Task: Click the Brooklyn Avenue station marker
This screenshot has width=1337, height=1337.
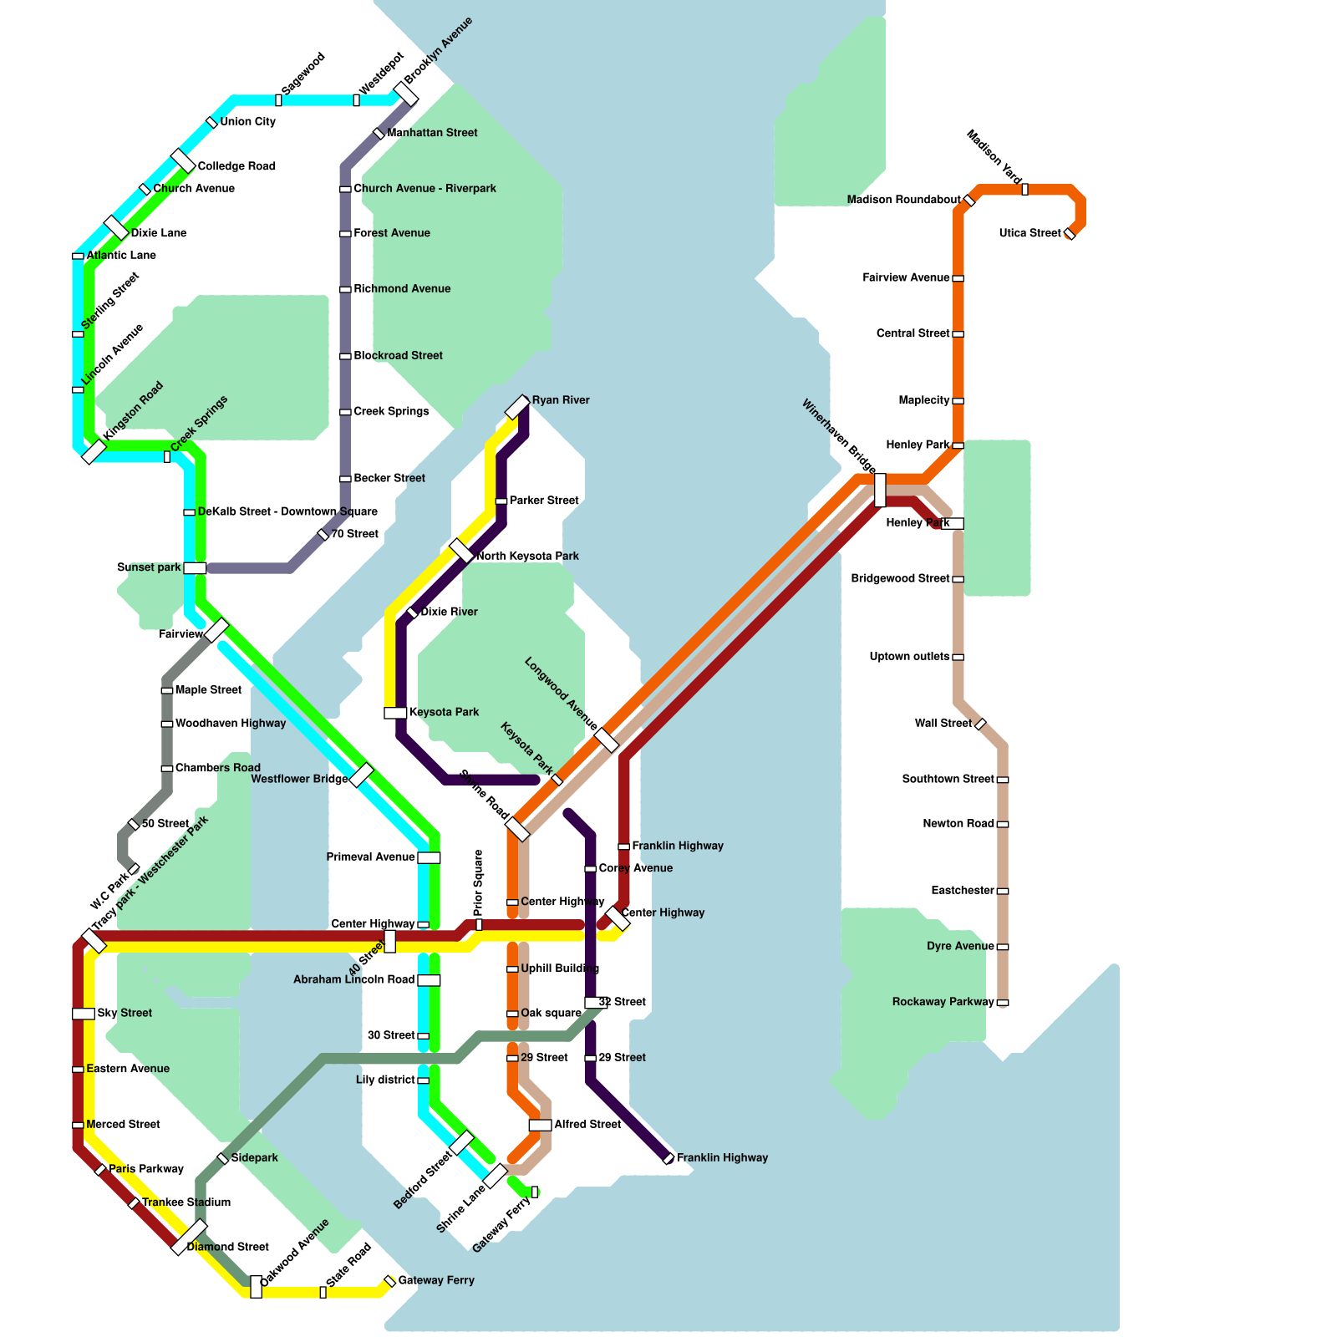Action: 406,94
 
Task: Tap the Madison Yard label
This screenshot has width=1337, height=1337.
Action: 994,157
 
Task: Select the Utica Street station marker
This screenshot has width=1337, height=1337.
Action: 1070,234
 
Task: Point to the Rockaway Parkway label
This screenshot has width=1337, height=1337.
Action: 943,1002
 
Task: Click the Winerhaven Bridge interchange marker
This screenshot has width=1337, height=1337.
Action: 880,490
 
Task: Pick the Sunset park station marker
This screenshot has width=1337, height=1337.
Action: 195,568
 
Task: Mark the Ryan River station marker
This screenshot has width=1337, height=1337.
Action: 518,407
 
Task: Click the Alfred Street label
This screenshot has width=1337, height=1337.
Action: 587,1125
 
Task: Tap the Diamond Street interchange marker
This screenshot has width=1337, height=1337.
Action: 189,1237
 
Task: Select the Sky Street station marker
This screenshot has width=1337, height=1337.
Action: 84,1014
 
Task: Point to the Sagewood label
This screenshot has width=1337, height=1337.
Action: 302,73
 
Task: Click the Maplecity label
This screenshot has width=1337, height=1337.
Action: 924,400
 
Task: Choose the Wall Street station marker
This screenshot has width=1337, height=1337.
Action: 981,724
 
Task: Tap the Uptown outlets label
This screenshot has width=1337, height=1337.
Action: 909,657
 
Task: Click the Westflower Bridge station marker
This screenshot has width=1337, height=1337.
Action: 362,775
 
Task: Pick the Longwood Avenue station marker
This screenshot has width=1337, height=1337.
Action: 607,740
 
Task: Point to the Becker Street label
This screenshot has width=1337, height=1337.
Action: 389,478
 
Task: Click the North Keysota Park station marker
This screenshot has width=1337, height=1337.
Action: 461,551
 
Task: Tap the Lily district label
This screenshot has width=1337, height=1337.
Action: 385,1080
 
